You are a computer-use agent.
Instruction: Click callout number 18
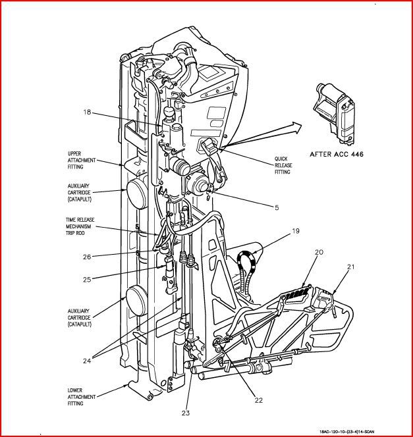87,113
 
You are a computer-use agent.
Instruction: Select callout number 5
277,208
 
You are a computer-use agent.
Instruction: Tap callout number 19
296,231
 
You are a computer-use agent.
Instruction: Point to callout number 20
318,252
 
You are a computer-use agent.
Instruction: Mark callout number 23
186,413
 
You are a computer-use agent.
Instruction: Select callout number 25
87,280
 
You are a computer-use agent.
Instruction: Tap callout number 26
87,256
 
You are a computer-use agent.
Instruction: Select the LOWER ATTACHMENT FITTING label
84,398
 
